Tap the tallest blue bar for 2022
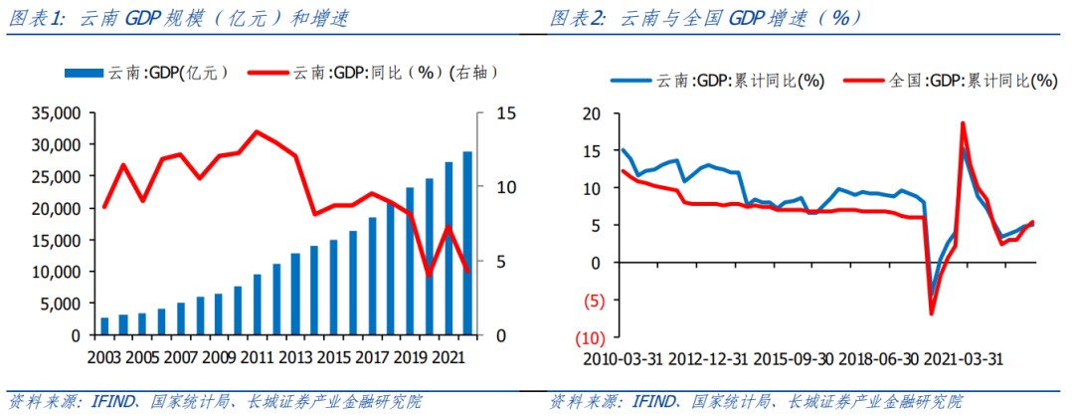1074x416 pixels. point(467,244)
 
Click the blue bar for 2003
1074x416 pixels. point(105,326)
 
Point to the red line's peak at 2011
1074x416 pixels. point(257,131)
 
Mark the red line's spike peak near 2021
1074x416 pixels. point(963,122)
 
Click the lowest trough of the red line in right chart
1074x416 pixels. point(932,314)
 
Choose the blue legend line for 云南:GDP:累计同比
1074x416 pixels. point(630,81)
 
